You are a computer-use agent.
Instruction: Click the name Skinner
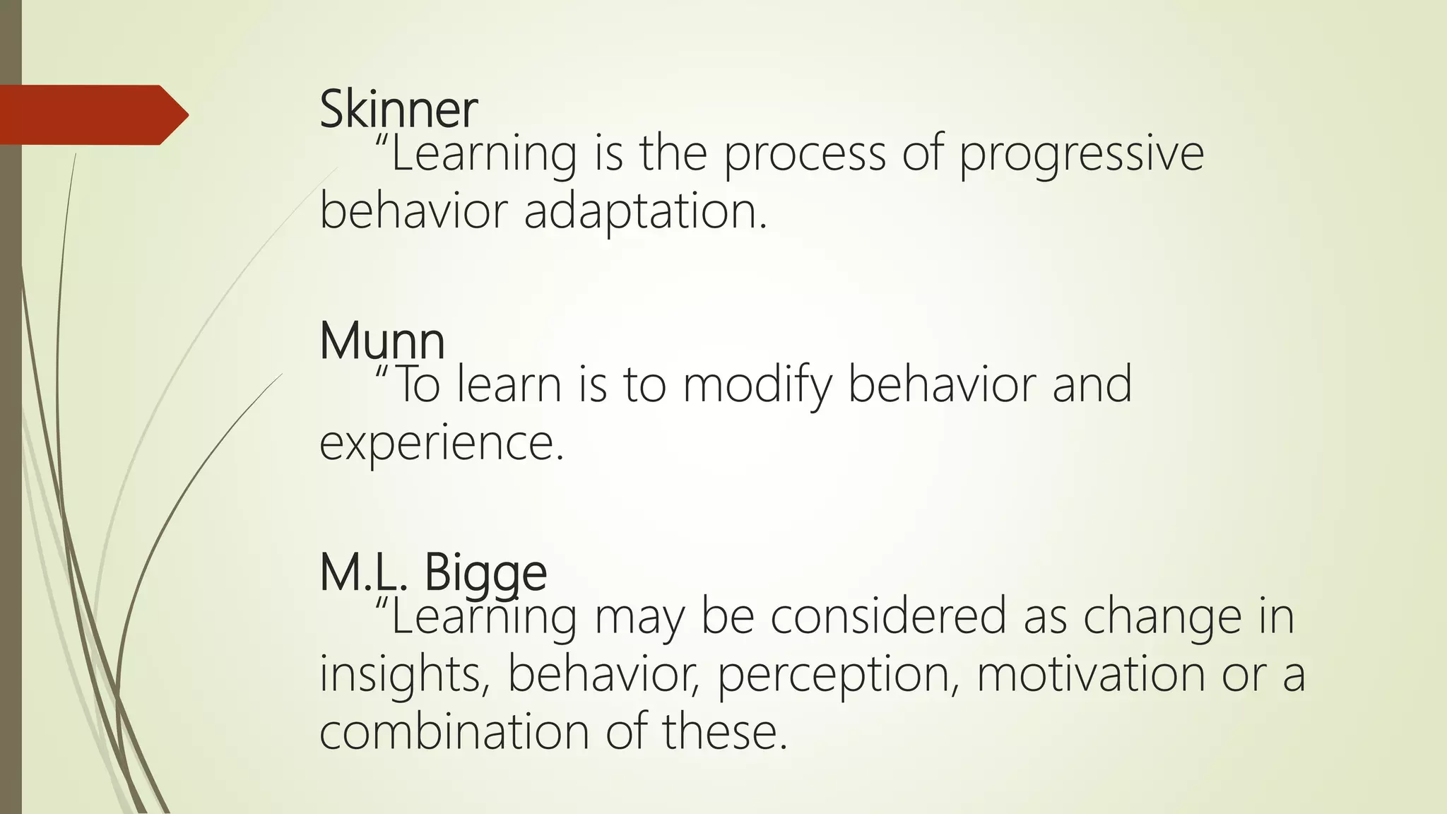[x=398, y=110]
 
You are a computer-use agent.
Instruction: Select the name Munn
[x=382, y=341]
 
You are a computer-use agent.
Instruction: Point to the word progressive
[x=1080, y=155]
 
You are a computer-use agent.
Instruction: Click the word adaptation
[x=644, y=212]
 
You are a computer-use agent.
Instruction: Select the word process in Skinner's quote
[x=804, y=155]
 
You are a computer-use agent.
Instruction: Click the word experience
[x=441, y=444]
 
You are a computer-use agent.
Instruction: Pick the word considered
[x=887, y=616]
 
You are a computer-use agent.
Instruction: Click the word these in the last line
[x=723, y=732]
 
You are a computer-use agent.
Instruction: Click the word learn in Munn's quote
[x=509, y=386]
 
